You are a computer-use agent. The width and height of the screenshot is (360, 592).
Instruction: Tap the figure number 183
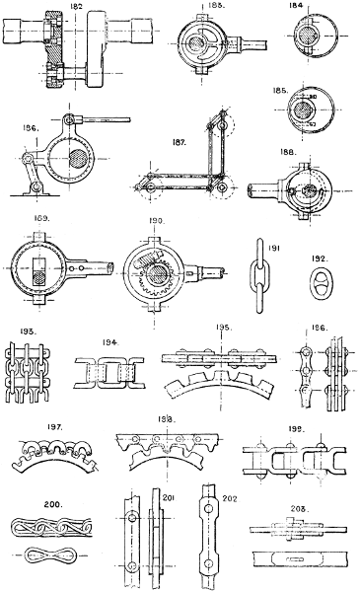tap(215, 7)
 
